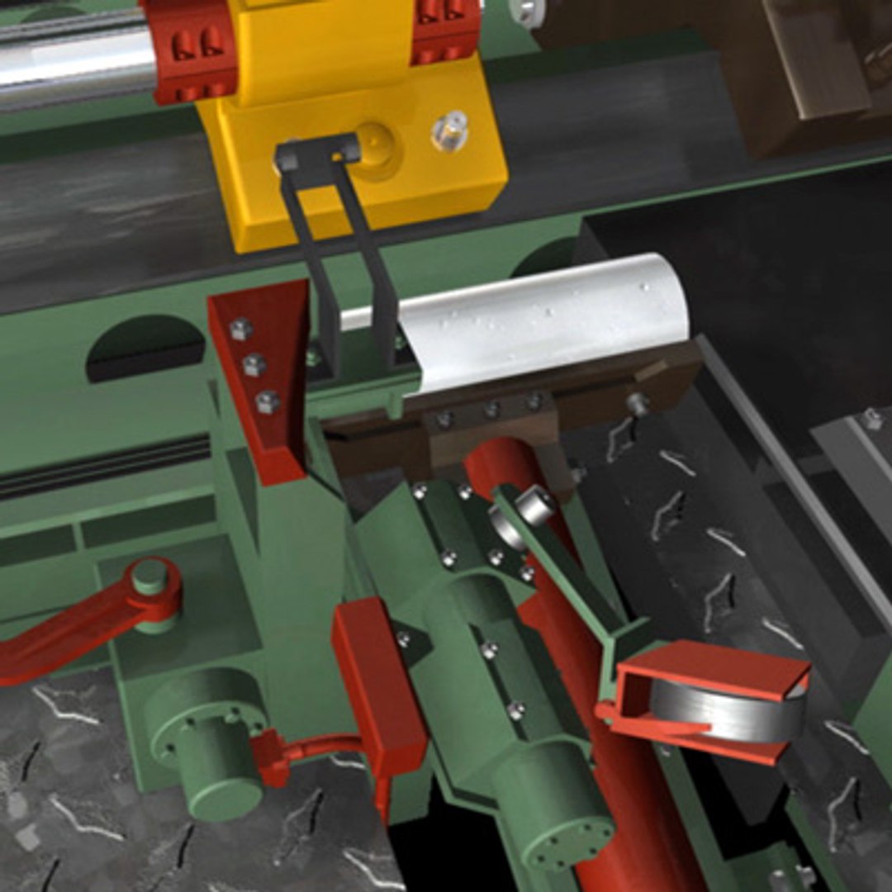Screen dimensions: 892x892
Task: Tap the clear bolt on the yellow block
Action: pyautogui.click(x=450, y=130)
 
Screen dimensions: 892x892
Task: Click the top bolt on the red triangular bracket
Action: pyautogui.click(x=240, y=330)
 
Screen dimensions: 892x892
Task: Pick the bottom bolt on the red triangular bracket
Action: pyautogui.click(x=267, y=403)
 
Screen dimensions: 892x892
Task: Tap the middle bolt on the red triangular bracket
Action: pyautogui.click(x=254, y=365)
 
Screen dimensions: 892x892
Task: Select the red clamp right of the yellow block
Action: pyautogui.click(x=446, y=29)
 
